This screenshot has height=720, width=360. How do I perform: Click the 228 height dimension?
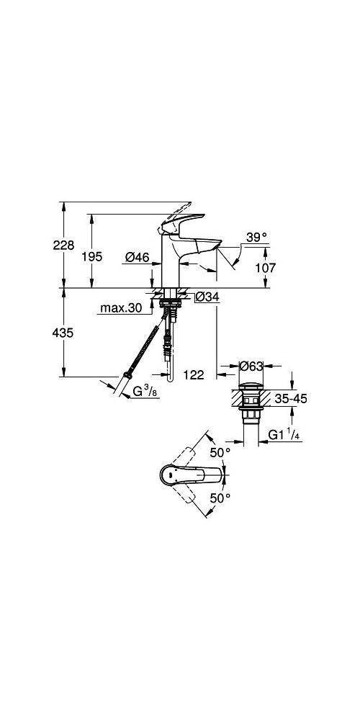coord(64,246)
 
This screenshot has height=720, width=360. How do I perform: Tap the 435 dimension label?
coord(64,333)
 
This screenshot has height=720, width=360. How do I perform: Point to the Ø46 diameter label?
coord(136,256)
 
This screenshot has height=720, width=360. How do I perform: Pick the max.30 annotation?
coord(121,308)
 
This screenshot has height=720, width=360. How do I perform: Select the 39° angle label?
coord(255,236)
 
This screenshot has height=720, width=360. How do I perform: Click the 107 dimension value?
coord(266,268)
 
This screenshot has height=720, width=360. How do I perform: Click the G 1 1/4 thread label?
coord(286,434)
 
